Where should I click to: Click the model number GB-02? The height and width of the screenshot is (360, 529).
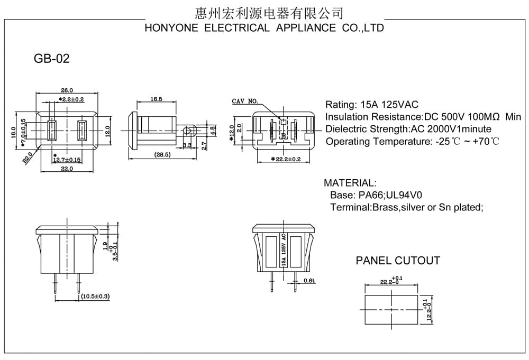point(52,59)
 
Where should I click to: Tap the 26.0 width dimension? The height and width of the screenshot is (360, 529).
point(67,90)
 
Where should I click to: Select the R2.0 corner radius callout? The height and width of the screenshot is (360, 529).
point(28,158)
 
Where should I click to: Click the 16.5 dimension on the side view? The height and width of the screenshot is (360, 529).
point(156,99)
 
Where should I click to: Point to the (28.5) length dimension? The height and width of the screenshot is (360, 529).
point(162,154)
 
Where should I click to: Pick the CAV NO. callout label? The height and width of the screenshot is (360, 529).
point(245,101)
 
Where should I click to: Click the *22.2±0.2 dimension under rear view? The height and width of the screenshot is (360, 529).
point(286,159)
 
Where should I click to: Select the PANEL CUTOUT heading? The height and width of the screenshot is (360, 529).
point(398,261)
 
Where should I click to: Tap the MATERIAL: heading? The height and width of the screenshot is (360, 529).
point(350,183)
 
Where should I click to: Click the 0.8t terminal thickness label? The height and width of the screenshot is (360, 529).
point(309,281)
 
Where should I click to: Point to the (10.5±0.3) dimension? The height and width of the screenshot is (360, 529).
point(95,296)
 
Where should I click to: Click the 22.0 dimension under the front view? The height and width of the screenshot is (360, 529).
point(67,169)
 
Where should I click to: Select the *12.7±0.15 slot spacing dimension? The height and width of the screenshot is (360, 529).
point(67,159)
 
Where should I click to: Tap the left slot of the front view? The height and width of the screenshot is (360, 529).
point(52,131)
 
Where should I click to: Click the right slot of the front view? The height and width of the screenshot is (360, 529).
point(82,131)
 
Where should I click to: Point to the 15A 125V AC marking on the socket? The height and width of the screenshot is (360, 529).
point(284,251)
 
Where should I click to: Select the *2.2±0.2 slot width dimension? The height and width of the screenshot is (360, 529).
point(71,99)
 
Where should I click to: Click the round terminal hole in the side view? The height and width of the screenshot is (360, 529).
point(186,130)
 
